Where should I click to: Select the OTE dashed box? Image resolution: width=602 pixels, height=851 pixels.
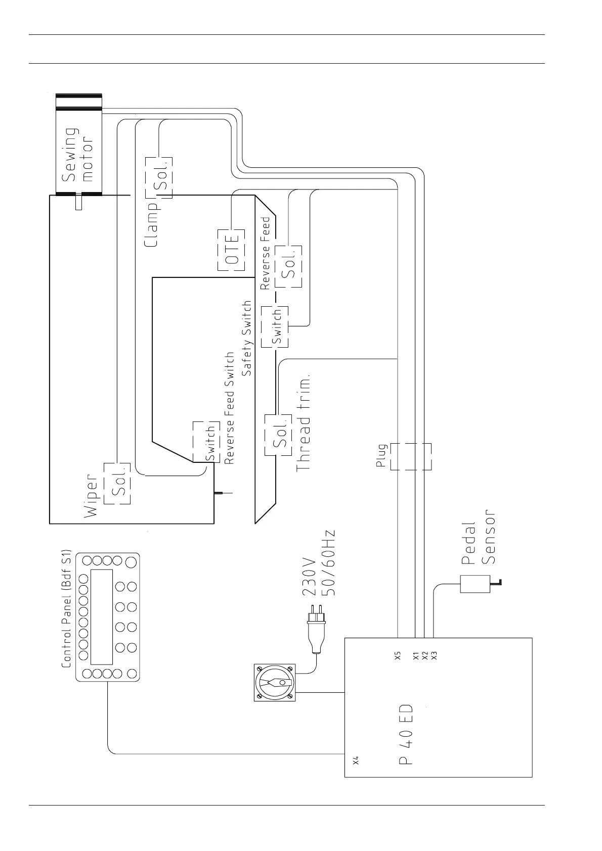[x=231, y=250]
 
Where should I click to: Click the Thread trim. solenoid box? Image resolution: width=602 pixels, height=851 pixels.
[x=277, y=435]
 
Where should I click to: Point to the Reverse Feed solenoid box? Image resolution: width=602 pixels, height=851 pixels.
[x=289, y=266]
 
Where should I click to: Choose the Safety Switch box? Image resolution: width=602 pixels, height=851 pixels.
[x=275, y=326]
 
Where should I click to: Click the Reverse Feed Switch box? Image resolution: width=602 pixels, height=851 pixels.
[x=204, y=441]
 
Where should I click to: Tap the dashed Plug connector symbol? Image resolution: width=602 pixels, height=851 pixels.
[x=411, y=456]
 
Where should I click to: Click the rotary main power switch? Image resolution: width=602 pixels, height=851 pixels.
[x=275, y=683]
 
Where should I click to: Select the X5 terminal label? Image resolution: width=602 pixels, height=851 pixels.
[x=398, y=655]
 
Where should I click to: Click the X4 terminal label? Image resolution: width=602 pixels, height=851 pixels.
[x=356, y=760]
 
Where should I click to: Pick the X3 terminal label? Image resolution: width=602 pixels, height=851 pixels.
[x=434, y=655]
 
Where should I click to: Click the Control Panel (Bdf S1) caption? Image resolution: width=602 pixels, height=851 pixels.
[x=66, y=608]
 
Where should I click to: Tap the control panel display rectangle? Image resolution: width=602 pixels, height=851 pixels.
[x=101, y=617]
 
